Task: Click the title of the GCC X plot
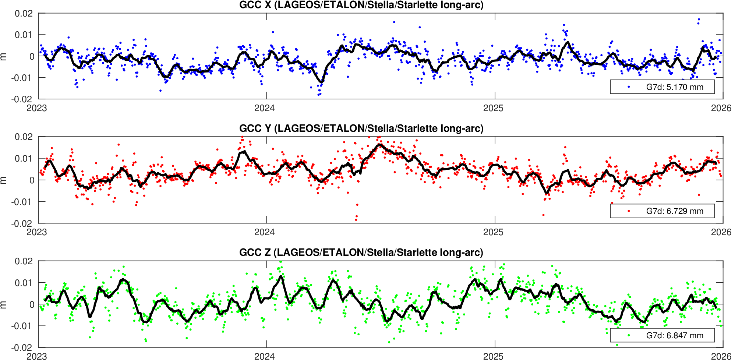click(x=361, y=5)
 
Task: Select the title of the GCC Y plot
click(x=361, y=128)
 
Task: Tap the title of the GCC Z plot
click(x=361, y=253)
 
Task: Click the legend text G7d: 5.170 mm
click(x=674, y=87)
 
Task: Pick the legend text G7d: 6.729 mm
click(x=674, y=211)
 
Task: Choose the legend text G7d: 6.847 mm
click(x=674, y=336)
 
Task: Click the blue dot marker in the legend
click(x=629, y=87)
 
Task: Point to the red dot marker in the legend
click(x=629, y=211)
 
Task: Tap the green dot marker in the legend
click(x=629, y=335)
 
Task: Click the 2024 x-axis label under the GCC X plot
click(x=265, y=108)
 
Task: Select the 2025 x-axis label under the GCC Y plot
click(x=493, y=232)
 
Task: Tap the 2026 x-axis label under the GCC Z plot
click(x=721, y=356)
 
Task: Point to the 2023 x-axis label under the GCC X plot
click(x=37, y=108)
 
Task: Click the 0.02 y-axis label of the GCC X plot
click(x=24, y=14)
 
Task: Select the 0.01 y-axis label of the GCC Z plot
click(x=24, y=283)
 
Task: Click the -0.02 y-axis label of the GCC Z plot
click(x=22, y=347)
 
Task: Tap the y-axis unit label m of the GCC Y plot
click(x=4, y=180)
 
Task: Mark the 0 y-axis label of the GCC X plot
click(x=32, y=56)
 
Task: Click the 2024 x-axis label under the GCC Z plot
click(x=265, y=356)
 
